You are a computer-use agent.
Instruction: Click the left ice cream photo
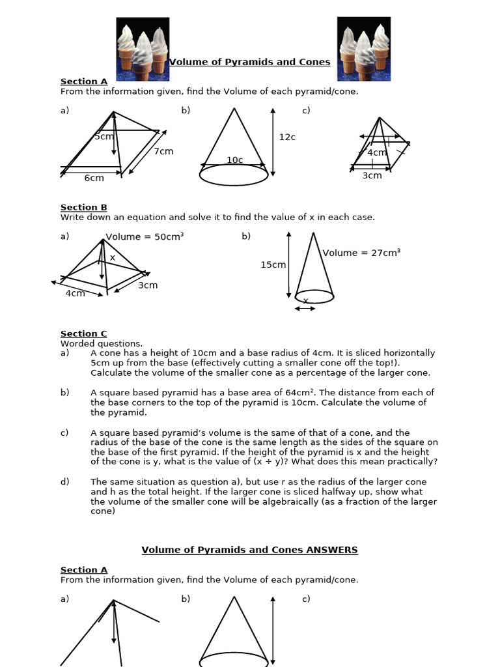pyautogui.click(x=143, y=49)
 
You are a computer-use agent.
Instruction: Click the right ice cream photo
pyautogui.click(x=363, y=49)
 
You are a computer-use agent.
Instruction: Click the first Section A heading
pyautogui.click(x=84, y=81)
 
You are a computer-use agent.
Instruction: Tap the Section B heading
pyautogui.click(x=84, y=207)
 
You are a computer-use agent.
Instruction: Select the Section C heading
pyautogui.click(x=84, y=333)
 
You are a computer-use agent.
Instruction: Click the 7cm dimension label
pyautogui.click(x=163, y=151)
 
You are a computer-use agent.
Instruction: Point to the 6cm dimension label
pyautogui.click(x=94, y=178)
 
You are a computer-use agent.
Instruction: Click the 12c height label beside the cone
pyautogui.click(x=287, y=137)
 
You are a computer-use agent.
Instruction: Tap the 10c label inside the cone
pyautogui.click(x=234, y=160)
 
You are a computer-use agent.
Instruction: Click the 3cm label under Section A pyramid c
pyautogui.click(x=372, y=175)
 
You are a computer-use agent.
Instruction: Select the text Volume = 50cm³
pyautogui.click(x=145, y=236)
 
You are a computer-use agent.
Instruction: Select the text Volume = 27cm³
pyautogui.click(x=361, y=253)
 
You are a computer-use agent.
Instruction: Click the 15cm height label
pyautogui.click(x=273, y=264)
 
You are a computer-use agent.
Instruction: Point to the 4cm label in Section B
pyautogui.click(x=75, y=293)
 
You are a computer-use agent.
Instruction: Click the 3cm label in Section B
pyautogui.click(x=148, y=285)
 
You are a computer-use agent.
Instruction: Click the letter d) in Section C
pyautogui.click(x=64, y=482)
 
